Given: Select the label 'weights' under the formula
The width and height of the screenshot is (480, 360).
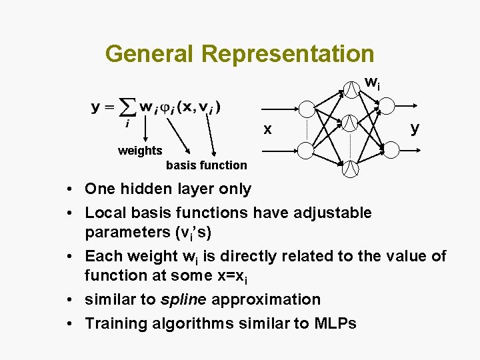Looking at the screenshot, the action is point(140,151).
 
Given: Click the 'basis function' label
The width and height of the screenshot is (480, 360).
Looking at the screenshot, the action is point(206,165).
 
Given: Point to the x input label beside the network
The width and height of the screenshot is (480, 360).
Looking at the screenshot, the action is point(267,130).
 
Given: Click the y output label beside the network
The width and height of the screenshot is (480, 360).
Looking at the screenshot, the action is point(415,127).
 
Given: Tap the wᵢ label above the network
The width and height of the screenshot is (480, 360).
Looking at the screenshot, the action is point(373,83).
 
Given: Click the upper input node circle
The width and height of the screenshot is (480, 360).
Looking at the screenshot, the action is point(307,109).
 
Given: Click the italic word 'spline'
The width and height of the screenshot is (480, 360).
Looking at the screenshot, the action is point(182,299).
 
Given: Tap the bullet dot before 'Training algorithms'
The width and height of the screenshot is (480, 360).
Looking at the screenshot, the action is point(70,324).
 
